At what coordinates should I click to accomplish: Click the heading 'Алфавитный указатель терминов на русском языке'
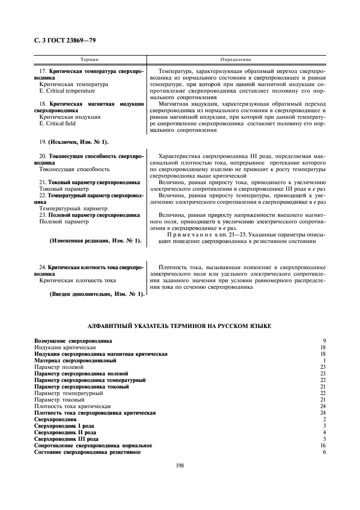click(180, 325)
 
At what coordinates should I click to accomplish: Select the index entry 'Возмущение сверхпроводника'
click(73, 341)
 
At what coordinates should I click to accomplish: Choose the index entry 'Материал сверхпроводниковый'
click(75, 361)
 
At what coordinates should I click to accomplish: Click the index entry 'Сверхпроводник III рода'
click(66, 439)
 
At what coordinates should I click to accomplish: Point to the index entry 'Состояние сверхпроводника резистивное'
click(87, 452)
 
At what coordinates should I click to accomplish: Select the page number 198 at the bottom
click(180, 465)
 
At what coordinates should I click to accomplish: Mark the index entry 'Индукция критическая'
click(65, 347)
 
